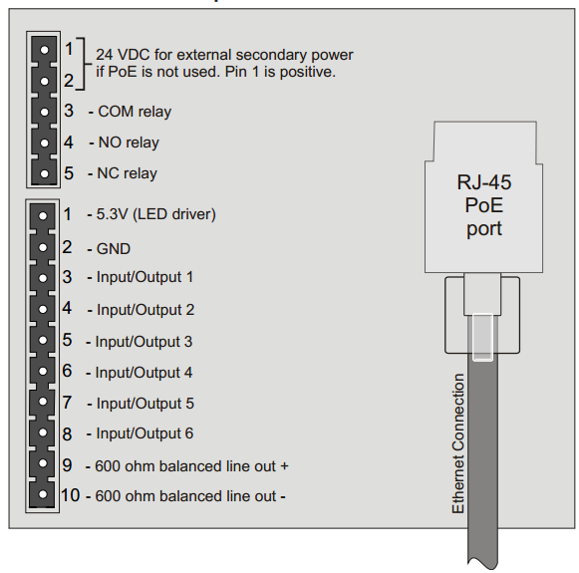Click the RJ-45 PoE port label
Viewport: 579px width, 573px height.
(x=479, y=204)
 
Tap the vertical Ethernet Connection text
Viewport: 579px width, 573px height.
(x=458, y=443)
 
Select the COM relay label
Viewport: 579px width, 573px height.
(x=135, y=113)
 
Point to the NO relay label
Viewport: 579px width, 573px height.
(x=130, y=143)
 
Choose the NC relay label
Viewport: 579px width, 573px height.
(x=128, y=173)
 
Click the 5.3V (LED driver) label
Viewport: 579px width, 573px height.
(x=155, y=214)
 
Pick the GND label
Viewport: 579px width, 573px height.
(x=114, y=249)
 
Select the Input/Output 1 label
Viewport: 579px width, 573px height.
(x=145, y=277)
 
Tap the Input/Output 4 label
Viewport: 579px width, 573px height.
(x=145, y=373)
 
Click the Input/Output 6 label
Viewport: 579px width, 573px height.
(x=145, y=434)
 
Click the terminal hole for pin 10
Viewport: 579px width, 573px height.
(x=43, y=495)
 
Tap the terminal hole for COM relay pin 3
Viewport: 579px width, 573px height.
(x=43, y=111)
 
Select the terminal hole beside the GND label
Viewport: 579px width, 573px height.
(x=43, y=246)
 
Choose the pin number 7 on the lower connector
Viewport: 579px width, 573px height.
(x=67, y=403)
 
